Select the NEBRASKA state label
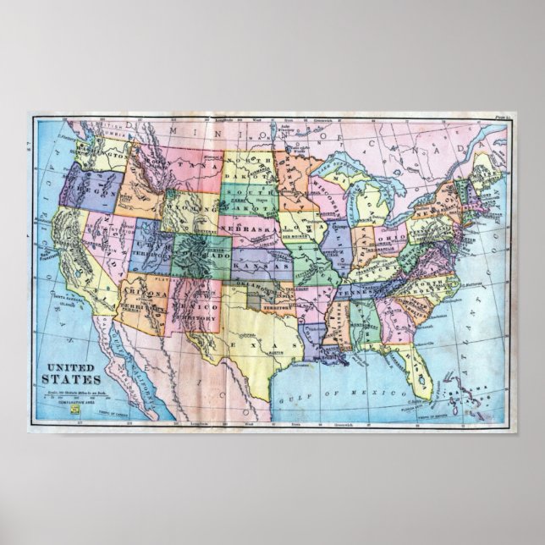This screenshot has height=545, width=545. tap(248, 229)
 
